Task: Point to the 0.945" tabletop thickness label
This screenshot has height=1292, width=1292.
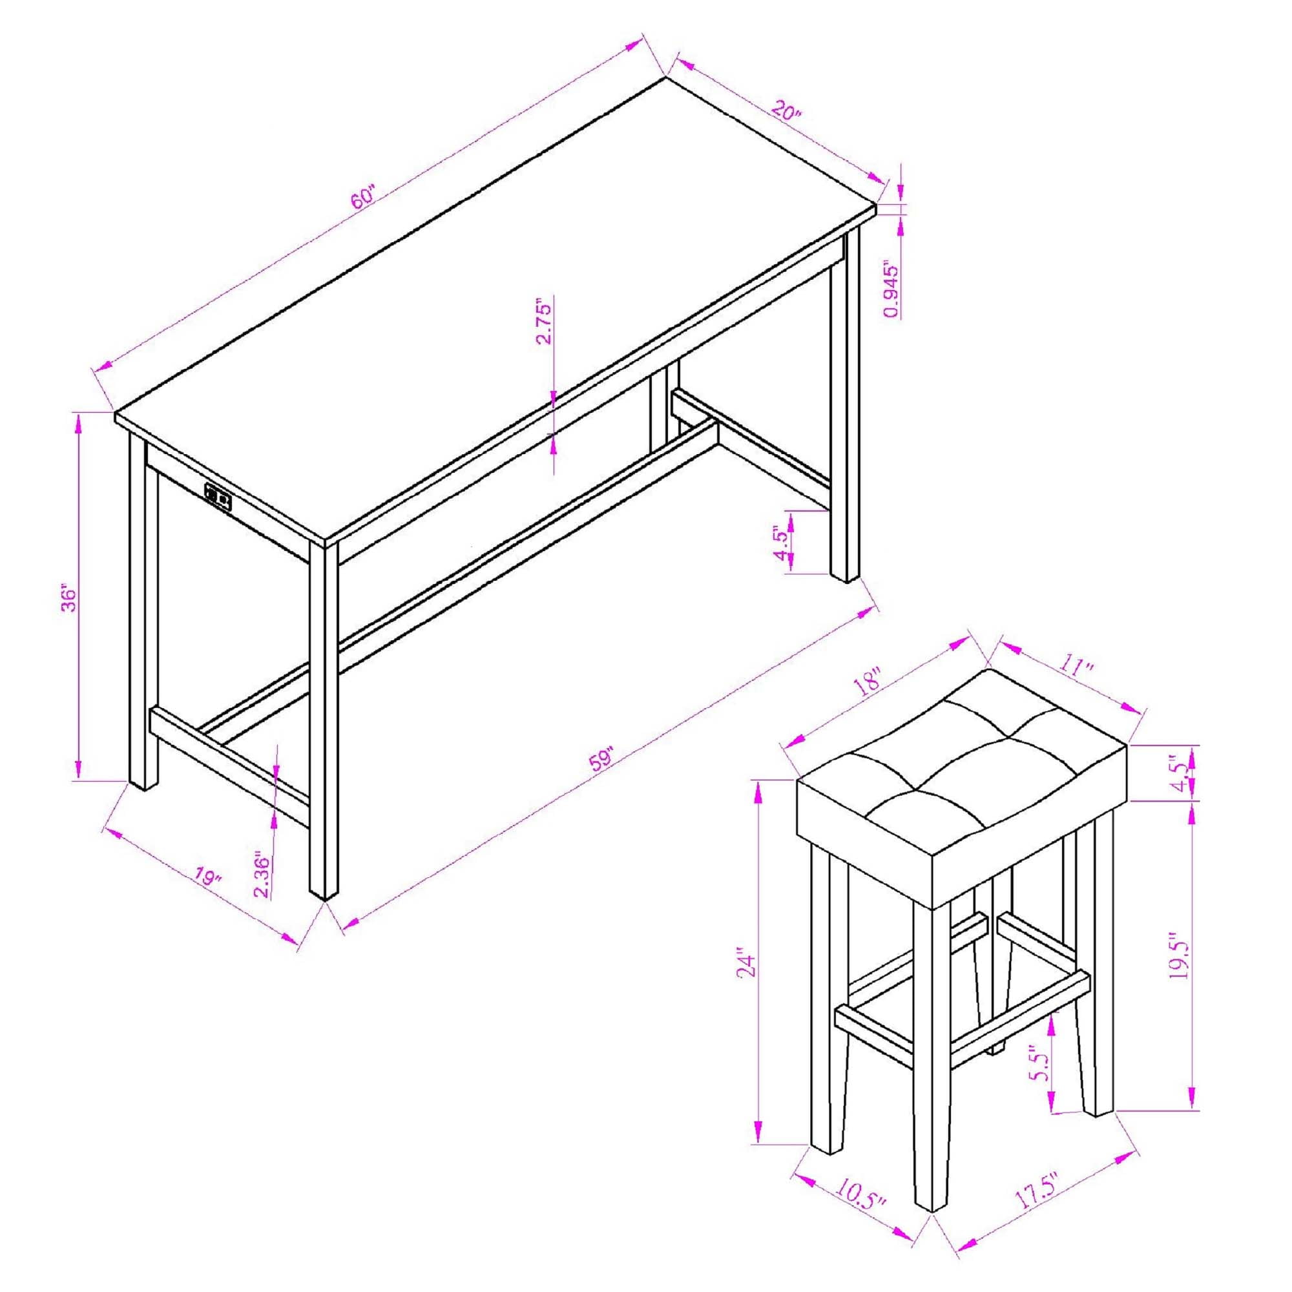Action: click(890, 287)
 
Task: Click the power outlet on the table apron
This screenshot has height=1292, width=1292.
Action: click(218, 497)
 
